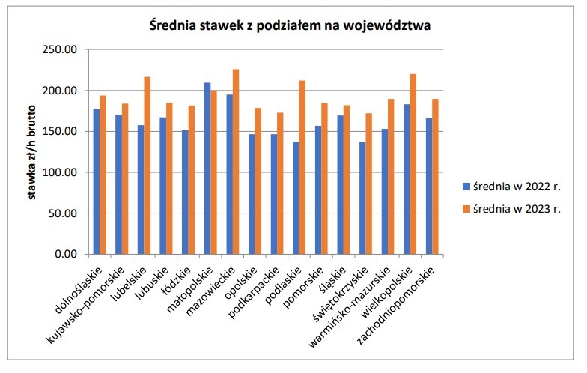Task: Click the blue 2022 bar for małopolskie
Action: click(207, 169)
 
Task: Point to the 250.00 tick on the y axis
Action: click(63, 50)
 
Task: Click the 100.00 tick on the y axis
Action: click(63, 172)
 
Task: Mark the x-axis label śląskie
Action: click(333, 274)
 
